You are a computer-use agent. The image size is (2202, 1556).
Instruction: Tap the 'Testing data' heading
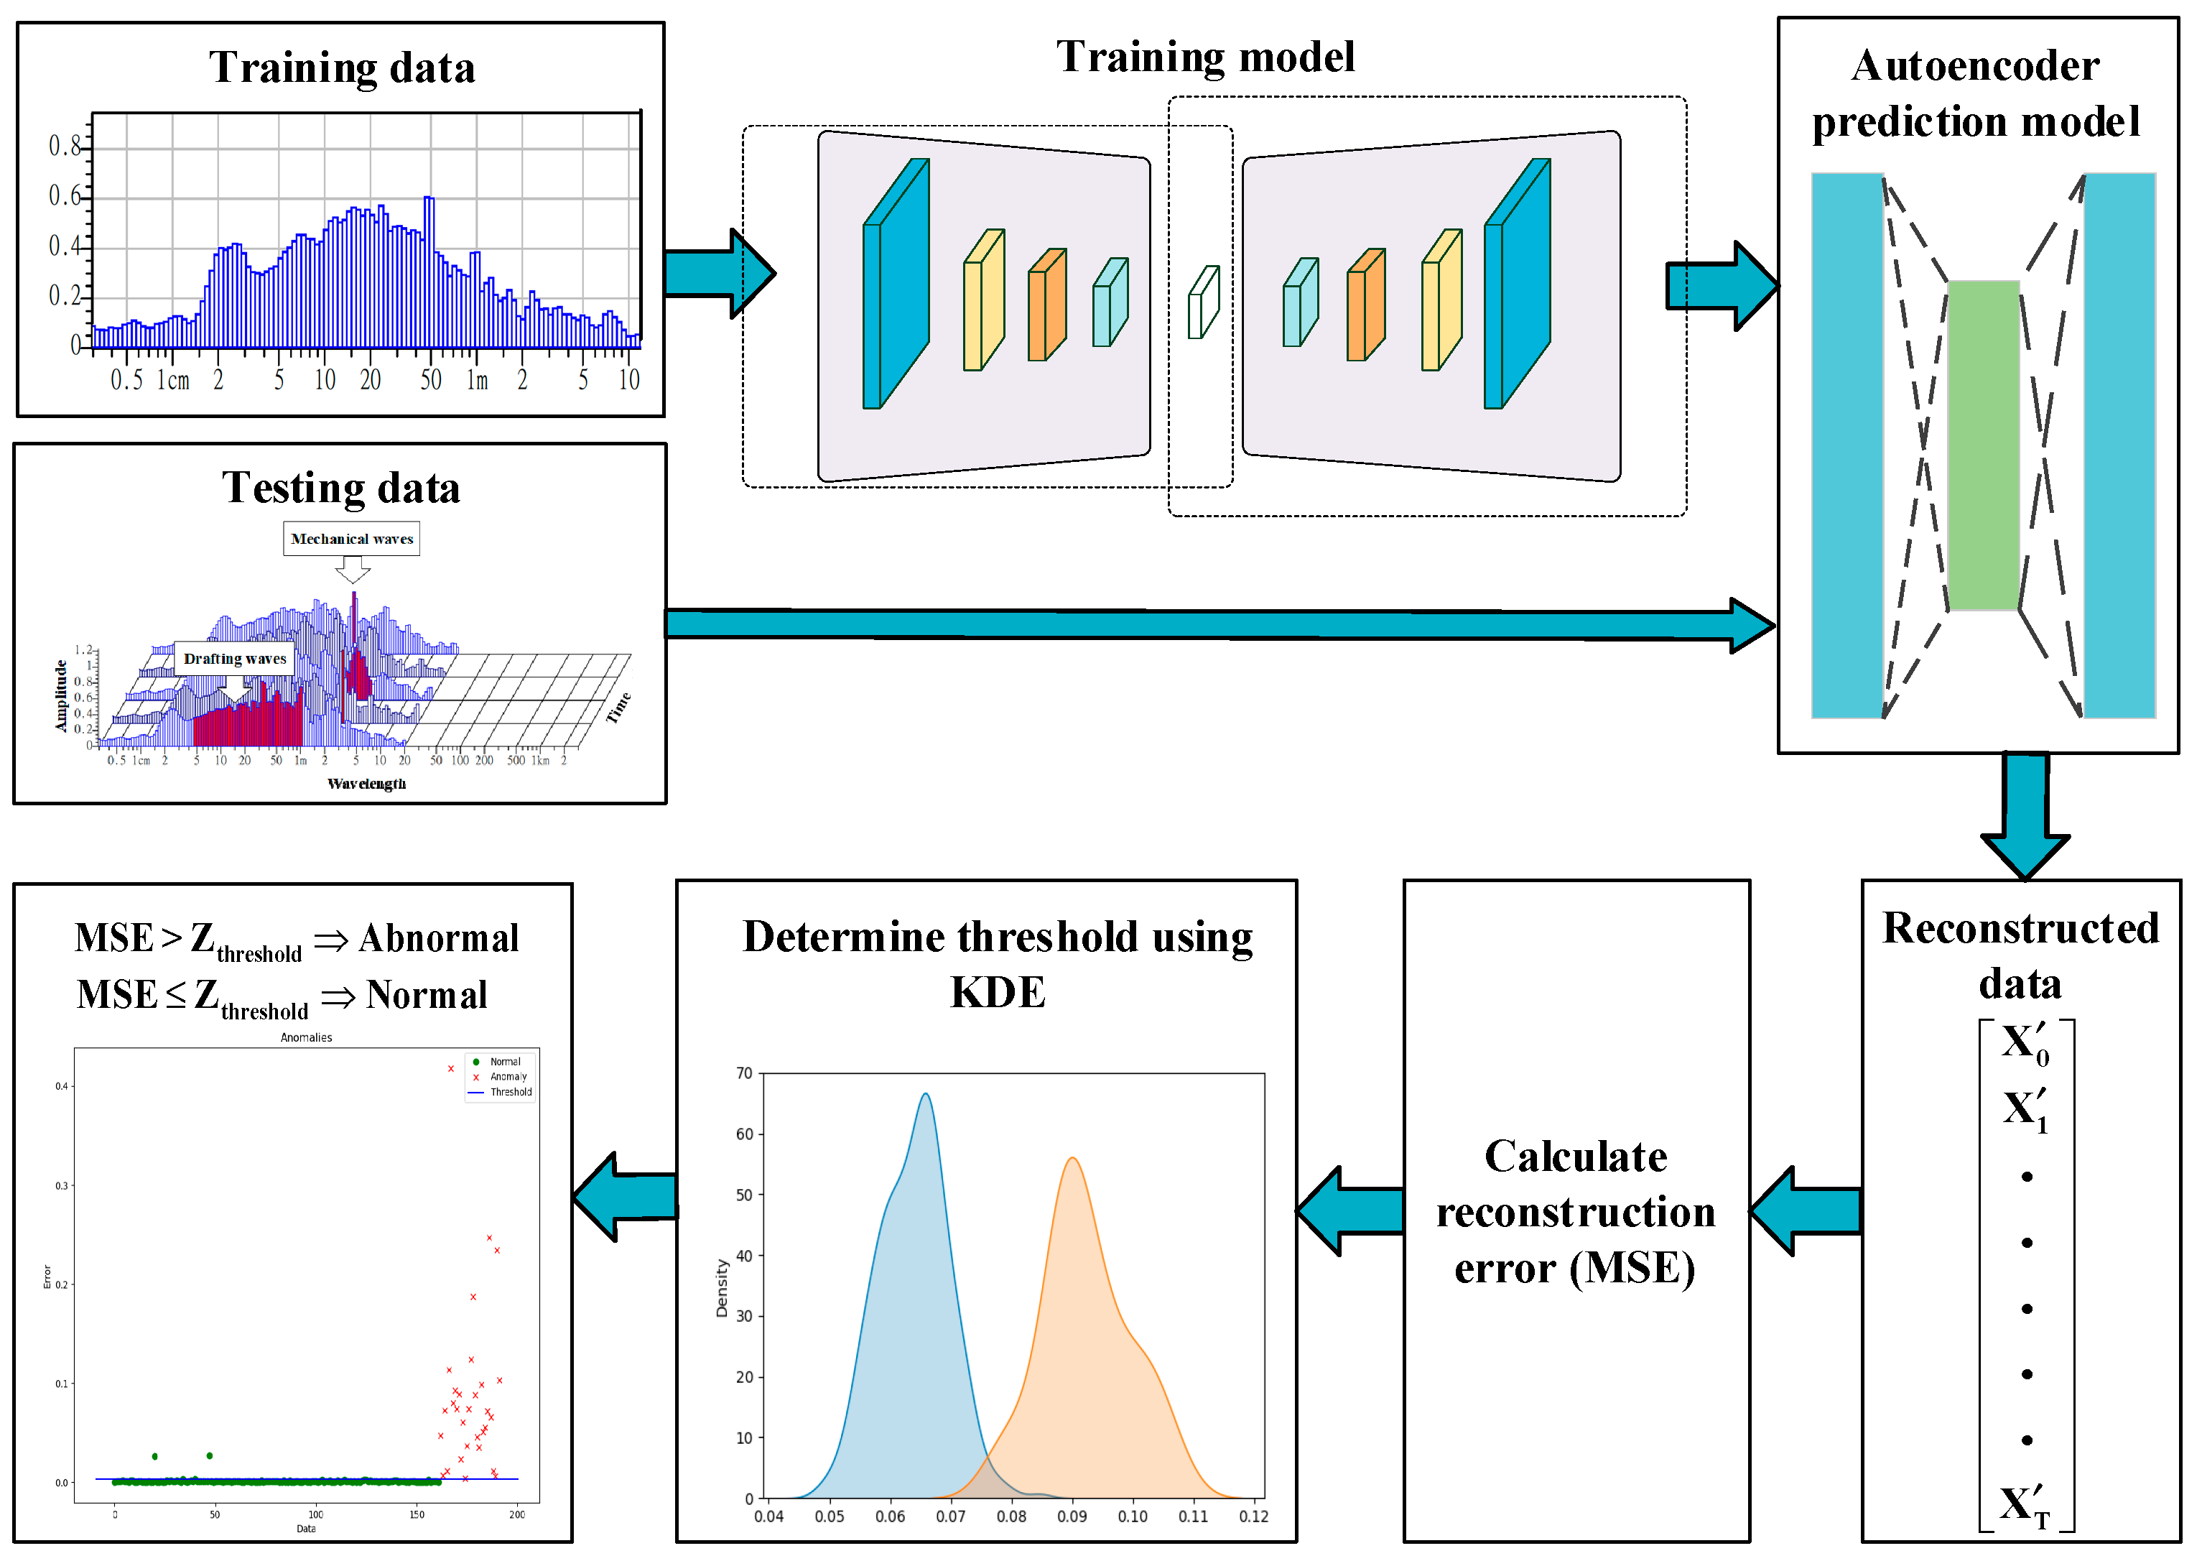[341, 488]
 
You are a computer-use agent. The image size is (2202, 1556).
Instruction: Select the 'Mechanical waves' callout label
[352, 539]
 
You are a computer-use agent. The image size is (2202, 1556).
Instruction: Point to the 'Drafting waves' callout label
[235, 659]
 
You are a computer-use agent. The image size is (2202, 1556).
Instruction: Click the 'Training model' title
[1206, 57]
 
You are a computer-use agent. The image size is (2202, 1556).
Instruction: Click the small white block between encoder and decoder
[1203, 302]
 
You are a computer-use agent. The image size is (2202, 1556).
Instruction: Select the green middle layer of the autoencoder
[1984, 445]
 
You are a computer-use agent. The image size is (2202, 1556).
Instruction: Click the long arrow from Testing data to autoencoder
[1199, 624]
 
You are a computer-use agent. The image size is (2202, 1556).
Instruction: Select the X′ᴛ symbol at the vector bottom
[2025, 1507]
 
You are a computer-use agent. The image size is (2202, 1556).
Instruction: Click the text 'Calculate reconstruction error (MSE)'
[1576, 1213]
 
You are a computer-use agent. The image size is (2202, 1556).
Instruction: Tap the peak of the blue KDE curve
[926, 1095]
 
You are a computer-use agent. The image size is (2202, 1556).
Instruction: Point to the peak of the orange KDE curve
[1072, 1159]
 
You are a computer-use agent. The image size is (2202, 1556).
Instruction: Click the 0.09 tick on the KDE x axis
[1072, 1516]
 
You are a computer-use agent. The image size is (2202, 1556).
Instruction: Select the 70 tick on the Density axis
[744, 1073]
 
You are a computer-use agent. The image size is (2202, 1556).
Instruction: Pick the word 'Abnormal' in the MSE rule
[440, 938]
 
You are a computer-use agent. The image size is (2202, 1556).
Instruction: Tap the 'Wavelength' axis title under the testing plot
[366, 784]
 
